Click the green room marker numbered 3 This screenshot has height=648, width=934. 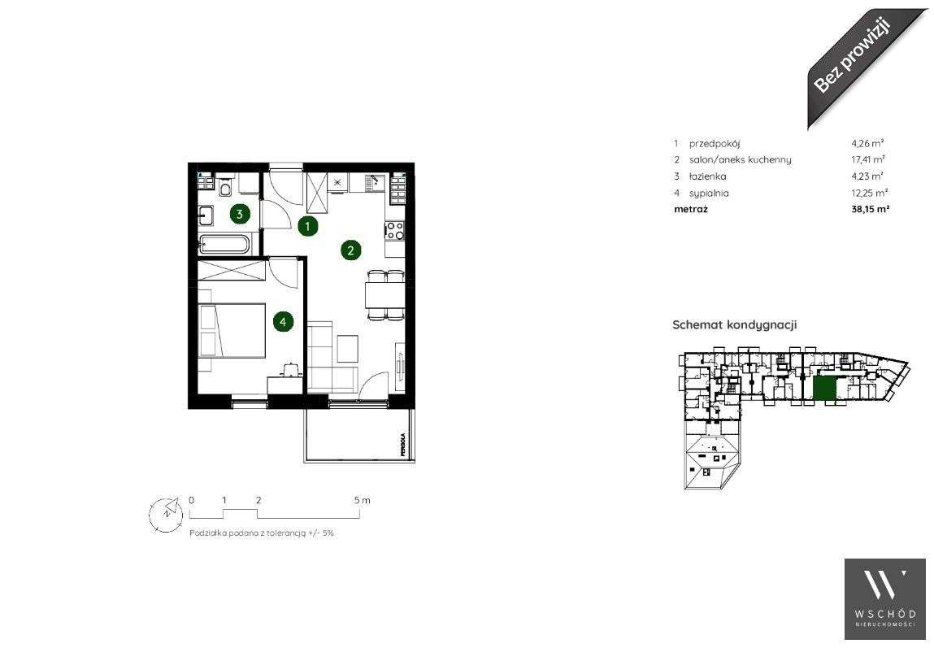point(239,215)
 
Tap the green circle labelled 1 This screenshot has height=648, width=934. point(307,226)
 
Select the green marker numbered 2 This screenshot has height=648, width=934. point(350,250)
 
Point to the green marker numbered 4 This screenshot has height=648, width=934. point(283,322)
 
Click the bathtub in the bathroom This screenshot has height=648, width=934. point(227,245)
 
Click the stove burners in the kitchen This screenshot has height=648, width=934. point(395,231)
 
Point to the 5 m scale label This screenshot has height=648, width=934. point(363,500)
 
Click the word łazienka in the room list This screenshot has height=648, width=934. point(707,176)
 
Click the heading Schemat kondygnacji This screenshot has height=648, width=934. point(734,324)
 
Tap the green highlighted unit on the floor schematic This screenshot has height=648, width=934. point(823,388)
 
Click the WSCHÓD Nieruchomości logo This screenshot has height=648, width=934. point(885,598)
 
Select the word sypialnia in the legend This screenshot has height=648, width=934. point(709,194)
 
